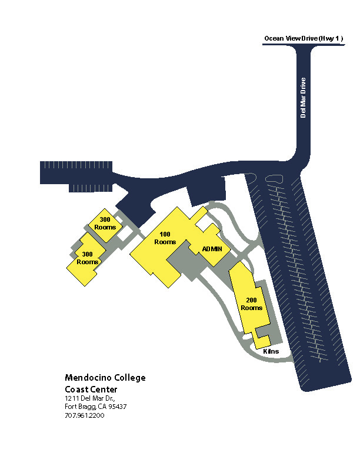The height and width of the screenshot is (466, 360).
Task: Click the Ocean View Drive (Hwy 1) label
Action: pyautogui.click(x=304, y=38)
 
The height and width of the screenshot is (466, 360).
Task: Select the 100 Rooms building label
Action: pyautogui.click(x=165, y=238)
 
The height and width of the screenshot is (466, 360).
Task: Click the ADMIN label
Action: pyautogui.click(x=212, y=249)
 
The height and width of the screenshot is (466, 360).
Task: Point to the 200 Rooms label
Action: pyautogui.click(x=251, y=304)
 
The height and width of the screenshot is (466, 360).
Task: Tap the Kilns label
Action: pyautogui.click(x=271, y=351)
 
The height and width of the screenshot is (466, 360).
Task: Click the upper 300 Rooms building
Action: pyautogui.click(x=105, y=224)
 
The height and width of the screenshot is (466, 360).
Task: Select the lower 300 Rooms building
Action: pyautogui.click(x=86, y=258)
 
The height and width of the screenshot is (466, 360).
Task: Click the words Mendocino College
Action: pyautogui.click(x=105, y=378)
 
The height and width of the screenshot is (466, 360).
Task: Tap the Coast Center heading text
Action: pyautogui.click(x=91, y=389)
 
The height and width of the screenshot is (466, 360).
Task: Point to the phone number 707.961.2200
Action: pyautogui.click(x=85, y=415)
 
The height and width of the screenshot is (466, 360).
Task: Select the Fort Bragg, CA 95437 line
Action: pyautogui.click(x=96, y=407)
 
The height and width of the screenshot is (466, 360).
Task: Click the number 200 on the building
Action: pyautogui.click(x=251, y=300)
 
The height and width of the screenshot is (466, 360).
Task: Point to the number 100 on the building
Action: pyautogui.click(x=165, y=235)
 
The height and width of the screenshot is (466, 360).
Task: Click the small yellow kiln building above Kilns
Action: pyautogui.click(x=262, y=341)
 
